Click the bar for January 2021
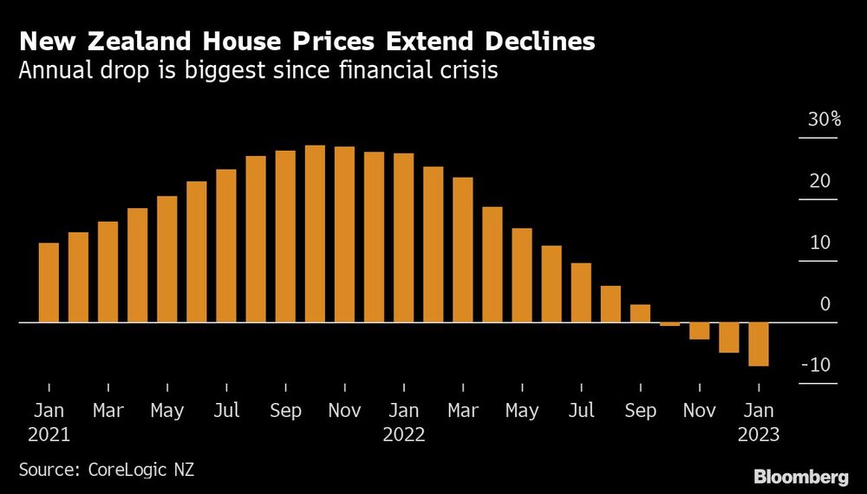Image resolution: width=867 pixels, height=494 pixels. coord(49,283)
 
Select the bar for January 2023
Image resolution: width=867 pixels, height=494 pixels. coord(759,344)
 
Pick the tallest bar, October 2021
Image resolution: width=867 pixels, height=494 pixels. coord(315,234)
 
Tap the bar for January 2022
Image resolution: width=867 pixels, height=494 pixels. coord(404,237)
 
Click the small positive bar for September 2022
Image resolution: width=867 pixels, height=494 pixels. coord(640,313)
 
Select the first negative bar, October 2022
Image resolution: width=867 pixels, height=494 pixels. coord(669,324)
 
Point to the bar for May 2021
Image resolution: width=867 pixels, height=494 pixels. coord(167,259)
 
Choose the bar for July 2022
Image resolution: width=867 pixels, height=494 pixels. coord(581,292)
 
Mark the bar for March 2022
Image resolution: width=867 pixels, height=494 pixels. coord(463,250)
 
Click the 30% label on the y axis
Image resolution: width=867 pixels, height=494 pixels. coord(824,120)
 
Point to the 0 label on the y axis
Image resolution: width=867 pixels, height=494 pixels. coord(825,304)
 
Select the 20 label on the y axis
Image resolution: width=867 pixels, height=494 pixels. coord(820,182)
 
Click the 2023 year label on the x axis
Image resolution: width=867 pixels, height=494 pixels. coord(759,435)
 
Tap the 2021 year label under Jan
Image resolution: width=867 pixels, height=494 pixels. coord(49,435)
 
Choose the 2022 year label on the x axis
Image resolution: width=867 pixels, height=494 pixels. coord(404,435)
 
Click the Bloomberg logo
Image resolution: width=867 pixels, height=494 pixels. coord(802,476)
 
